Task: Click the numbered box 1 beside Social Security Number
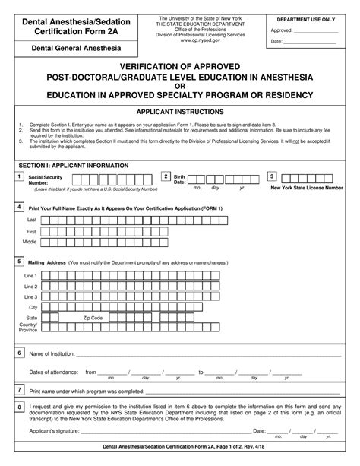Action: coord(19,176)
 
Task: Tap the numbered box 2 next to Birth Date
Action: coord(166,176)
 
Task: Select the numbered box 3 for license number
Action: coord(272,176)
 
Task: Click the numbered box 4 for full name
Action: coord(19,206)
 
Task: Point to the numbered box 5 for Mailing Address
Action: coord(19,261)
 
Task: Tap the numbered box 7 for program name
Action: coord(19,389)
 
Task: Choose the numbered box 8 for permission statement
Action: coord(19,407)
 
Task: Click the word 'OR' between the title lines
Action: coord(180,86)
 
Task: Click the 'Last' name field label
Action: coord(32,219)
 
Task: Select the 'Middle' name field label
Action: coord(30,241)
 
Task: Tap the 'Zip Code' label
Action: coord(93,318)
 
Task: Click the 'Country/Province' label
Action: coord(28,328)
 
